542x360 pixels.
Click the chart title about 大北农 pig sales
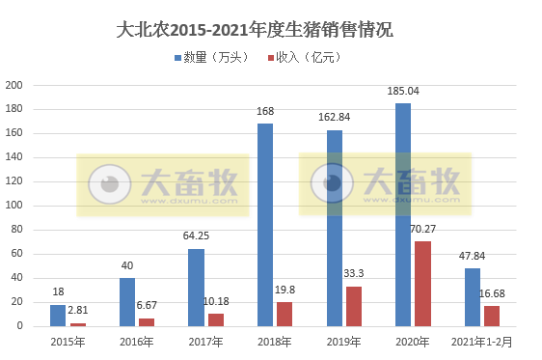(254, 30)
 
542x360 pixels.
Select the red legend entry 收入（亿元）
(302, 58)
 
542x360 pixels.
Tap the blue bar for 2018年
(264, 225)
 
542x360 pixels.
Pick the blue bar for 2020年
(403, 214)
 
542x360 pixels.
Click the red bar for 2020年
(422, 284)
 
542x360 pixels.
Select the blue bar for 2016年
(127, 302)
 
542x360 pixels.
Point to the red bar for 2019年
(354, 306)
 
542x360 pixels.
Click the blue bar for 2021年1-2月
(472, 297)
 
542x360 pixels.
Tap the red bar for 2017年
(215, 319)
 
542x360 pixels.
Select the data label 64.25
(196, 237)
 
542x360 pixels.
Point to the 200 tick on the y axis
(14, 85)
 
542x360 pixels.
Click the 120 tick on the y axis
(14, 181)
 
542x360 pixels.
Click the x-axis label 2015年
(68, 341)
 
